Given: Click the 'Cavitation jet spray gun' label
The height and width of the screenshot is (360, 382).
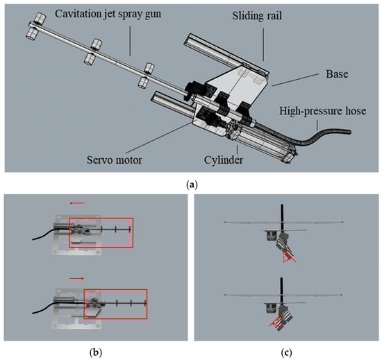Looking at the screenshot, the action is point(108,14).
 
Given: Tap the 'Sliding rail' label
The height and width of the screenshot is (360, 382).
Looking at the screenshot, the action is point(257,16).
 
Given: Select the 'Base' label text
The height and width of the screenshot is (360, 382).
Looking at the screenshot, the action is point(337,74).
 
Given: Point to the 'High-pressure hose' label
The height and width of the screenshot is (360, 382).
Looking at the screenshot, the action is point(322,111).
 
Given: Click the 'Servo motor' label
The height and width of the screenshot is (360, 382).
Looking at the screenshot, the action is point(115,160).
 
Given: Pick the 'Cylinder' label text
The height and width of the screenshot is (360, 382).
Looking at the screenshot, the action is point(224,160).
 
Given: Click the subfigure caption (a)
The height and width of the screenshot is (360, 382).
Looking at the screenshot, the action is point(192,185).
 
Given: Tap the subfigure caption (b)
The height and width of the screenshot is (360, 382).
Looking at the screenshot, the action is point(96,352).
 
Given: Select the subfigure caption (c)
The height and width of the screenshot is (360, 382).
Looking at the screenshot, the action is point(286,352).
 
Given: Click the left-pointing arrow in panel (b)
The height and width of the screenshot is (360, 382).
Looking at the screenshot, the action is point(76,203).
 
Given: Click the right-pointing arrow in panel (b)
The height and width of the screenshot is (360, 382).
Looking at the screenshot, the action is point(76,279).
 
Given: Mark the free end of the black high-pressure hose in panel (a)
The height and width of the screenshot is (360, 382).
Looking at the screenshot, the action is point(349,132).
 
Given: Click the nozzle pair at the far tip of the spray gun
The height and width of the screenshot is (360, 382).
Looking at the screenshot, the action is point(36,26).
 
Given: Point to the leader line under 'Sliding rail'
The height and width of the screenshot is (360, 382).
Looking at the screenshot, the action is point(263,44).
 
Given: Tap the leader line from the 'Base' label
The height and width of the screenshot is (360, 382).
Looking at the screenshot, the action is point(295,80).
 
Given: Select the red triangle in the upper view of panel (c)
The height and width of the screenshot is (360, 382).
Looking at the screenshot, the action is point(289,257).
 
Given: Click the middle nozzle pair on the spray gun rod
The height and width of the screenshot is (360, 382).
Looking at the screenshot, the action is point(93,51).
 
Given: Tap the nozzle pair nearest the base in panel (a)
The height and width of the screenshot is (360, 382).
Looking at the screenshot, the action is point(146,76).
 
